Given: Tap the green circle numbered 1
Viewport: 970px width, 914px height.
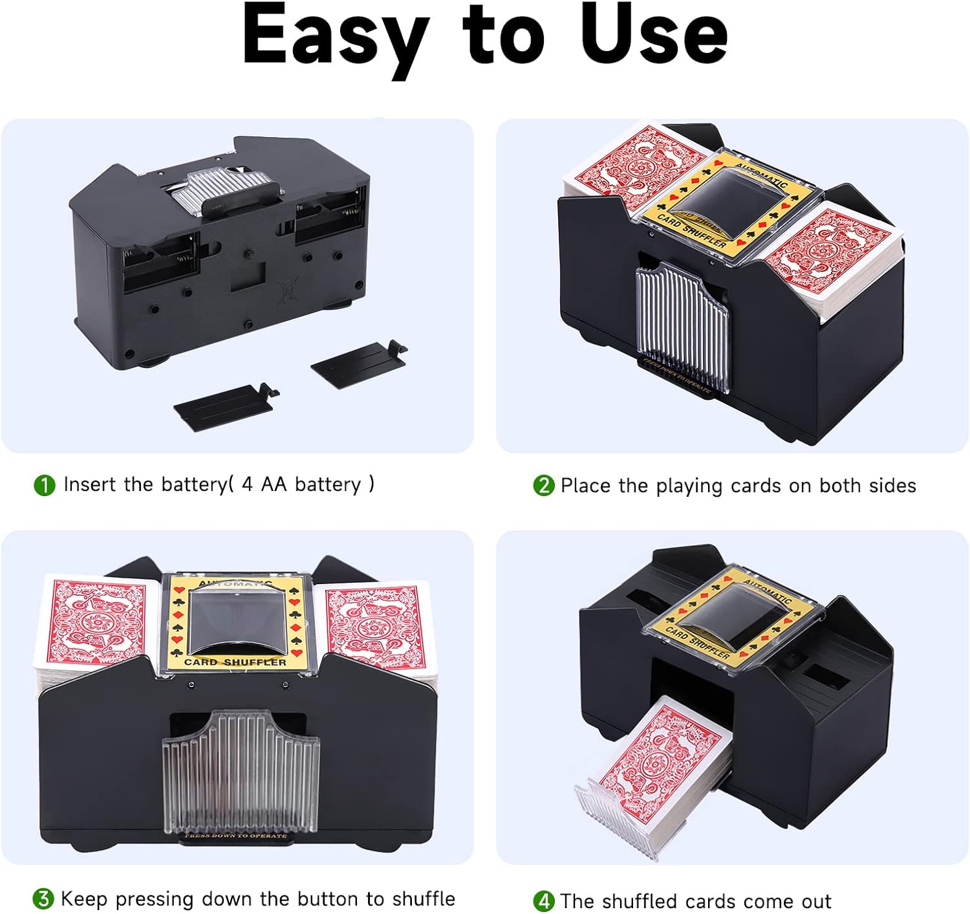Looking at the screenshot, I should click(x=44, y=484).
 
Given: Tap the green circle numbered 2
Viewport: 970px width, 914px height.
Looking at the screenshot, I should click(x=543, y=485).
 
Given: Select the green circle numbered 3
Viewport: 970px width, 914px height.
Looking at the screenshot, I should click(x=43, y=898).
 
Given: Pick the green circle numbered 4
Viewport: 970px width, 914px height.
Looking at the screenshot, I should click(x=543, y=900).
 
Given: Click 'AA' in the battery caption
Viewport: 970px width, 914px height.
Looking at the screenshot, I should click(x=274, y=484).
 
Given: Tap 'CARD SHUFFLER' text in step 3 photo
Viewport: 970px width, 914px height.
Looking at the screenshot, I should click(x=235, y=662).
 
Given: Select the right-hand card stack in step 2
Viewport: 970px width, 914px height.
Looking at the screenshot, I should click(x=834, y=259).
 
